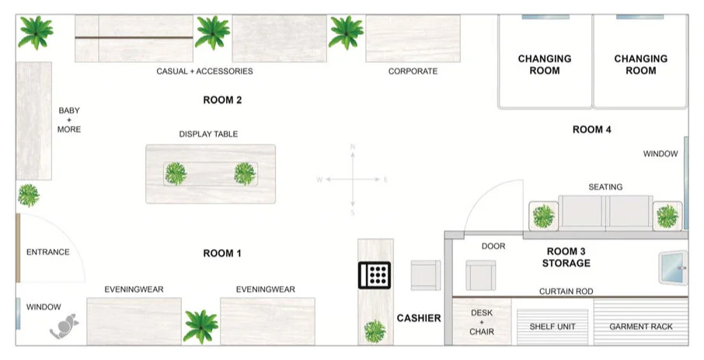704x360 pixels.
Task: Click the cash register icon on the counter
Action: click(375, 274)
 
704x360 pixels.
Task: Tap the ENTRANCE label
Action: click(48, 252)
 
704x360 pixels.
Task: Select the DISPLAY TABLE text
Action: click(208, 134)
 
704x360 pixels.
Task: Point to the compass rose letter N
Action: click(353, 146)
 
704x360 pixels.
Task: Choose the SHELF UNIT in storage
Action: click(552, 327)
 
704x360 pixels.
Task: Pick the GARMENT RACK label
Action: click(641, 327)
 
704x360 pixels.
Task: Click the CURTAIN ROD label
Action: click(566, 291)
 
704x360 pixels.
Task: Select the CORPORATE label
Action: click(413, 72)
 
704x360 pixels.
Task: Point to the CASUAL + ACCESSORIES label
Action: click(204, 72)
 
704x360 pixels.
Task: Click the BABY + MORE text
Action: click(69, 120)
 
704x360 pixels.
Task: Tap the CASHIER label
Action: click(419, 318)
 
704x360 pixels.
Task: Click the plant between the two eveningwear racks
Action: click(200, 325)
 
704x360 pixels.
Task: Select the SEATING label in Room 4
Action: click(605, 187)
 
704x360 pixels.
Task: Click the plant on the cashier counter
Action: click(375, 330)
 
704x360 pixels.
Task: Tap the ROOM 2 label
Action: click(222, 100)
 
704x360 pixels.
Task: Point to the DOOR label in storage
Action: click(493, 246)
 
